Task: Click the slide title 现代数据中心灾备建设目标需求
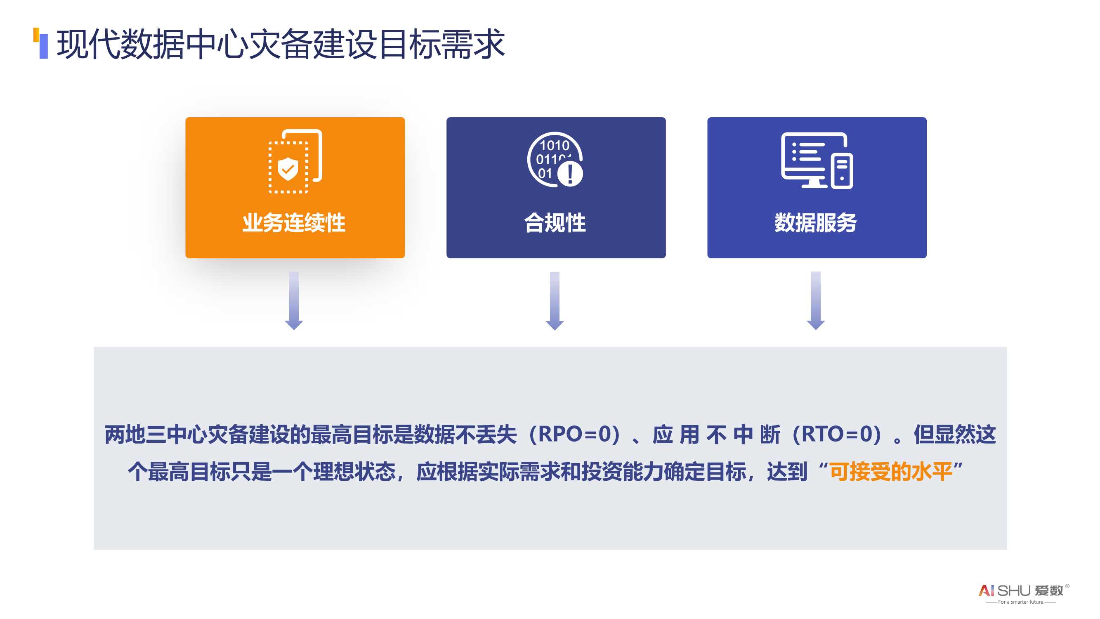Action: point(281,44)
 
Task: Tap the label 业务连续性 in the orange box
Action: point(294,222)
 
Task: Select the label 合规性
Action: point(555,222)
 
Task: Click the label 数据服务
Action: point(816,222)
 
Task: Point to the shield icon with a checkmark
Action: point(288,169)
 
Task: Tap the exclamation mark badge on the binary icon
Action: point(570,174)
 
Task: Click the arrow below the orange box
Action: point(294,301)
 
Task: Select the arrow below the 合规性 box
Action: point(555,301)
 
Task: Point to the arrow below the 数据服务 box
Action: point(816,301)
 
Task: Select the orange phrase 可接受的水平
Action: point(892,472)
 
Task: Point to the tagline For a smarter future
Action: point(1021,602)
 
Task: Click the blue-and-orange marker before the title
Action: point(40,43)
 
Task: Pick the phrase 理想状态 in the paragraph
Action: point(354,472)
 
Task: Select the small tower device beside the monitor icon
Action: point(842,171)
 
